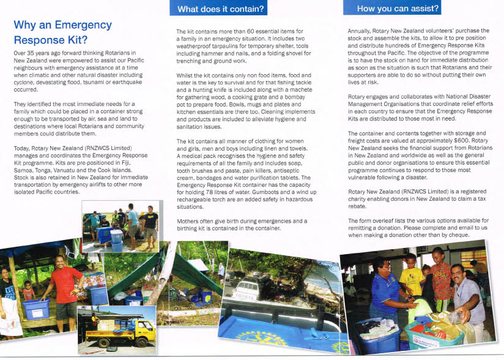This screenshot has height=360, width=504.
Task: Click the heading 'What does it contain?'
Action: [x=221, y=9]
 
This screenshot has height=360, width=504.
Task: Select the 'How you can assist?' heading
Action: [x=398, y=9]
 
